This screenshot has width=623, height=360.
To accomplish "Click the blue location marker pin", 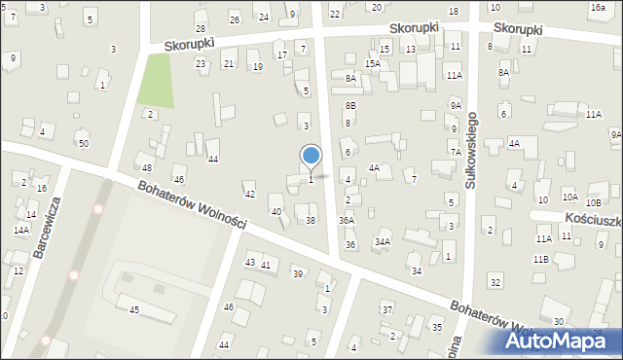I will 311,158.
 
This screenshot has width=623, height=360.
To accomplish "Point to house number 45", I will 134,309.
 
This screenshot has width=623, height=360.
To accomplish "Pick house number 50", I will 84,144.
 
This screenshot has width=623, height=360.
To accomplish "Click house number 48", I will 147,167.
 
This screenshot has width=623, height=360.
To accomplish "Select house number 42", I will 250,195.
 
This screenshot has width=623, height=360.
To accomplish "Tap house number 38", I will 311,221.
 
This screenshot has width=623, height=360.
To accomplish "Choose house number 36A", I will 347,221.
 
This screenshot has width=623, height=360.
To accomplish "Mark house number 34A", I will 383,241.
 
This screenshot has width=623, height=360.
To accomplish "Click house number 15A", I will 372,63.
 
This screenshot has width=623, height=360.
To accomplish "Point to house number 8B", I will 350,104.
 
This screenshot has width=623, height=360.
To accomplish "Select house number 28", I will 201,29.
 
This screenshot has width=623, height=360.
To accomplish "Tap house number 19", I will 257,66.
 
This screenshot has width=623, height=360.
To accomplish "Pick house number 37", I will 386,309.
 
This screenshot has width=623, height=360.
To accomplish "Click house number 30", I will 559,321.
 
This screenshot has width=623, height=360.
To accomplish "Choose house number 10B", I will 593,202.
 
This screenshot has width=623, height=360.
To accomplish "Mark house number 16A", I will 597,7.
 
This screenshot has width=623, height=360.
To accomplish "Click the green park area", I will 156,81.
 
